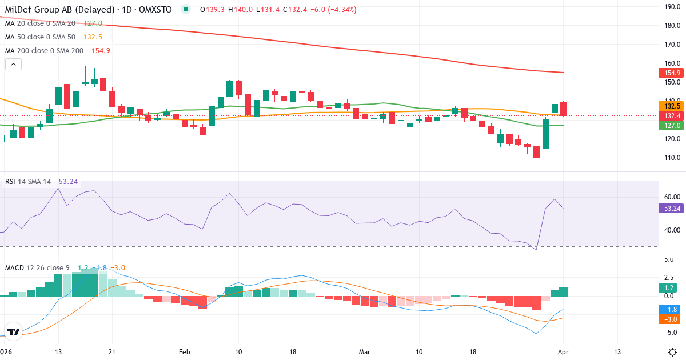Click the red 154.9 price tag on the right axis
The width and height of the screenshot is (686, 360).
[672, 73]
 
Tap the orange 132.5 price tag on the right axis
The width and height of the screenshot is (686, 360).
[672, 106]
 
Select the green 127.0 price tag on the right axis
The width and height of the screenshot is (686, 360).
[672, 125]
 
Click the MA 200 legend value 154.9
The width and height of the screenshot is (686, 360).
[101, 51]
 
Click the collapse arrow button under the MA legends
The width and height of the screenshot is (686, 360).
[13, 65]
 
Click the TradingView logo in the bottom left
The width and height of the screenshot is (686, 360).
[13, 331]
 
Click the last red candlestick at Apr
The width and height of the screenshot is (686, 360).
[564, 109]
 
